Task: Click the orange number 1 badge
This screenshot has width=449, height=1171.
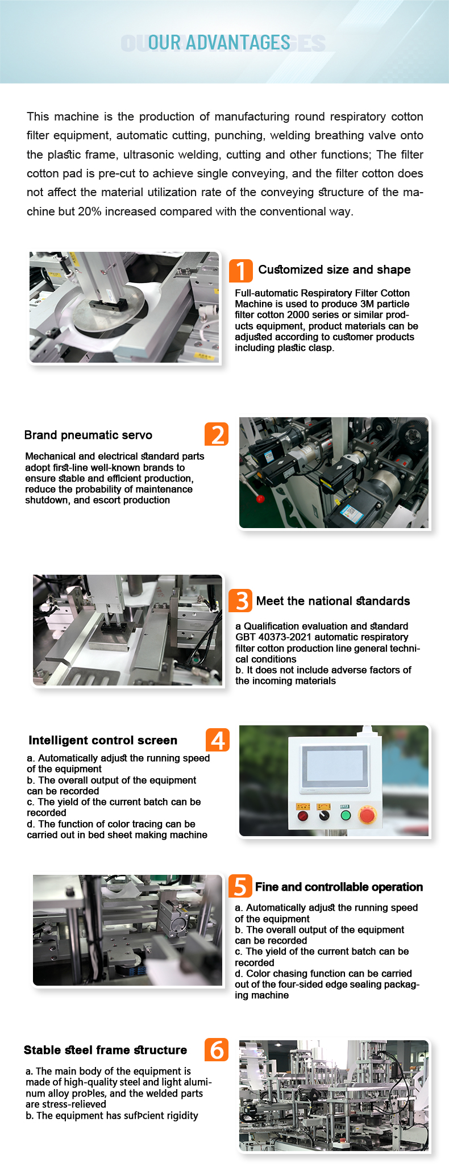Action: [240, 271]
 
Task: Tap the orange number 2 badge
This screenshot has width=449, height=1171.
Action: [217, 434]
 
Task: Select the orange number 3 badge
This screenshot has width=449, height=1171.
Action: [240, 600]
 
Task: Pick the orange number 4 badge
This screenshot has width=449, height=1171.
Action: [218, 740]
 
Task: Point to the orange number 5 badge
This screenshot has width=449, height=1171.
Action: [240, 886]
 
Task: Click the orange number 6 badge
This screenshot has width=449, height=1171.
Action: [217, 1049]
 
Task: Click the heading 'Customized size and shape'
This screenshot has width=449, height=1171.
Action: [334, 269]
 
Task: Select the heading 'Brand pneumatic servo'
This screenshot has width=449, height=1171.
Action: [88, 435]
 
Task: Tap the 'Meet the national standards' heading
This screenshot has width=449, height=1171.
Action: [333, 601]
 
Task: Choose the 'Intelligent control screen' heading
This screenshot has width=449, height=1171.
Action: [103, 740]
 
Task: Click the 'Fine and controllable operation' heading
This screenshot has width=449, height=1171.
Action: [339, 887]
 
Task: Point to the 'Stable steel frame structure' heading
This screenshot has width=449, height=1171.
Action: [105, 1050]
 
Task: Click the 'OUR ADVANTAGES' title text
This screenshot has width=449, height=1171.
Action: [219, 43]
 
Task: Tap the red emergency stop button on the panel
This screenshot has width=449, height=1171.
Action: [367, 816]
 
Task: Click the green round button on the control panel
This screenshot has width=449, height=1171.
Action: [346, 816]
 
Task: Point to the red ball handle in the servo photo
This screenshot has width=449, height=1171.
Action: [261, 499]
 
